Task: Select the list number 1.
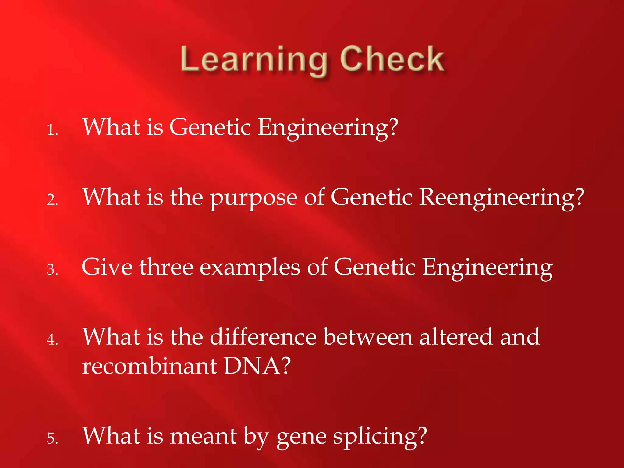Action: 52,130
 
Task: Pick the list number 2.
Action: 52,200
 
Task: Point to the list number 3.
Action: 52,270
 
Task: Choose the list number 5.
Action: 52,439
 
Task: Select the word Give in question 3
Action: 107,267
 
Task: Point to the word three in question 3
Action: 166,267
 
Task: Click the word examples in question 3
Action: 250,268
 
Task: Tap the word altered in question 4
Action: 456,337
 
